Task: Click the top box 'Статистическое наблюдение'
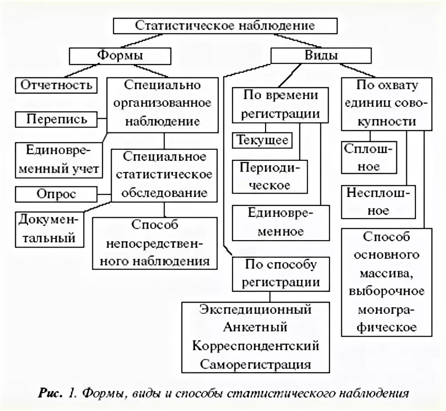pyautogui.click(x=225, y=25)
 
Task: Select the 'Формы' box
pyautogui.click(x=120, y=56)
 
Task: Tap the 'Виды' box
pyautogui.click(x=321, y=56)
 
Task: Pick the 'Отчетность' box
pyautogui.click(x=57, y=85)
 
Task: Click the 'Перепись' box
pyautogui.click(x=57, y=120)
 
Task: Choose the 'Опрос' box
pyautogui.click(x=57, y=194)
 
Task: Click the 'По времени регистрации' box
pyautogui.click(x=280, y=105)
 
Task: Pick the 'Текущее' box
pyautogui.click(x=262, y=140)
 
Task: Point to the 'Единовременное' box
pyautogui.click(x=281, y=222)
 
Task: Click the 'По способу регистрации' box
pyautogui.click(x=281, y=273)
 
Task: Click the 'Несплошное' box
pyautogui.click(x=379, y=201)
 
